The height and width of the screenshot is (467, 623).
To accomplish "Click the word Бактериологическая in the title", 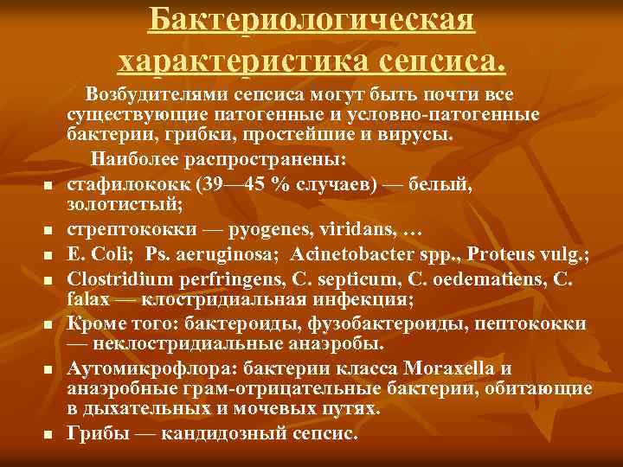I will pyautogui.click(x=311, y=19).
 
